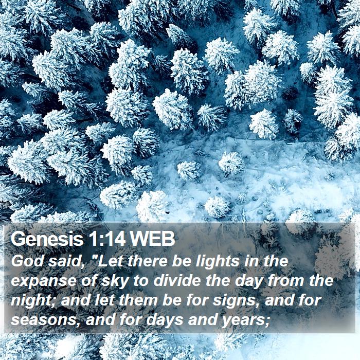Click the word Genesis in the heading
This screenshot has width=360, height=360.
47,239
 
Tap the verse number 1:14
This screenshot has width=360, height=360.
106,239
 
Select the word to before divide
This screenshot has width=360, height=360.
141,281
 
